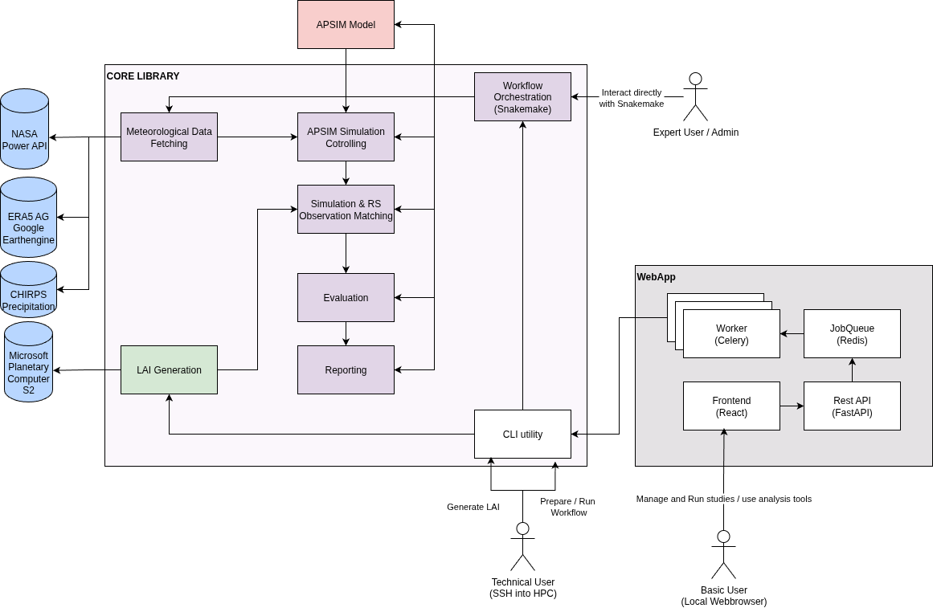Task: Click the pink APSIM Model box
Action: click(346, 24)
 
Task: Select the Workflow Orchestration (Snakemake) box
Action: click(522, 96)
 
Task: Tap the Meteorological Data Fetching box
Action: click(169, 137)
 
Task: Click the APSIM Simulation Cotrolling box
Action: click(346, 137)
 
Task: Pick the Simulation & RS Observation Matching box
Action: click(346, 210)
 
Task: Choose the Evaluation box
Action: click(346, 298)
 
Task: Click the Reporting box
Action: click(346, 370)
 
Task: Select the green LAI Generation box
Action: click(169, 370)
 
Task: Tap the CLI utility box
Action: click(522, 435)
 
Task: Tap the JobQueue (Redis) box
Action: click(852, 334)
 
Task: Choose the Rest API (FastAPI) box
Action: click(852, 406)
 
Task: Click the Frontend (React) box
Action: click(731, 406)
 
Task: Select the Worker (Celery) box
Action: click(731, 334)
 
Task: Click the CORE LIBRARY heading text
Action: click(143, 76)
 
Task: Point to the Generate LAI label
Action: click(473, 507)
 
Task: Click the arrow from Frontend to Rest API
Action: click(792, 406)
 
